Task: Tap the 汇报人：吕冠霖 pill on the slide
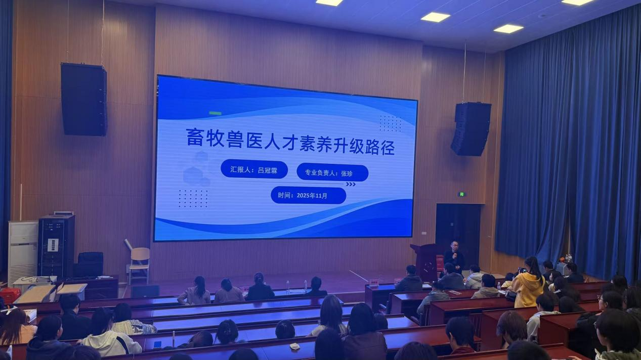coord(254,169)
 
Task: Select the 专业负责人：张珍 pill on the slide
coord(332,173)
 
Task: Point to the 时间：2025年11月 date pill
coord(308,196)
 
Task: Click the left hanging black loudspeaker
coord(84,99)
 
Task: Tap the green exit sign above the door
coord(461,195)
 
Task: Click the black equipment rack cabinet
coord(56,246)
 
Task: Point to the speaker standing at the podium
coord(454,256)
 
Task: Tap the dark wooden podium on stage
coord(425,262)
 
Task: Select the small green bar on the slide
coord(215,113)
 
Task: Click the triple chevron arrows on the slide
coord(351,184)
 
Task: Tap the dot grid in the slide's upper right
coord(391,123)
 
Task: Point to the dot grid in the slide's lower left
coord(193,198)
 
